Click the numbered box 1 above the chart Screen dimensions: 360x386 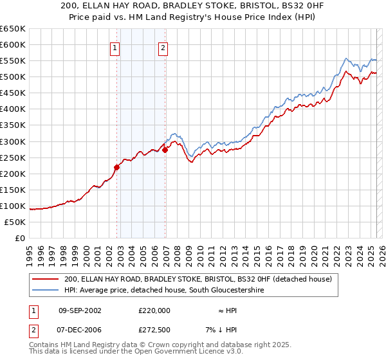pyautogui.click(x=115, y=47)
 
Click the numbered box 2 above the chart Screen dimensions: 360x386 pyautogui.click(x=163, y=47)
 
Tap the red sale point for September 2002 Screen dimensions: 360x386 pyautogui.click(x=117, y=167)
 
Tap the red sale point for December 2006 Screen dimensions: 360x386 pyautogui.click(x=165, y=150)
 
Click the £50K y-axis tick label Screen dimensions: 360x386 pyautogui.click(x=15, y=222)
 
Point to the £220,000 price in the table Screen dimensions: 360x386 pyautogui.click(x=154, y=310)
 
